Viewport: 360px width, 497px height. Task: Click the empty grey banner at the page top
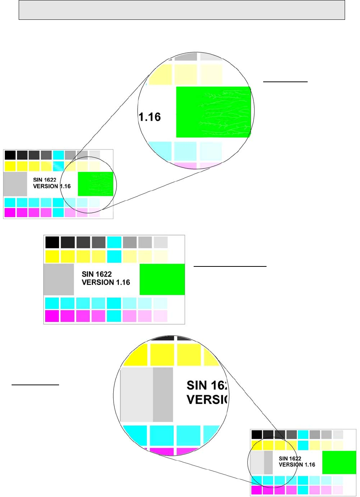pyautogui.click(x=182, y=10)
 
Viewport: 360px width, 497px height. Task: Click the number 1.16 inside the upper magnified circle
pyautogui.click(x=150, y=117)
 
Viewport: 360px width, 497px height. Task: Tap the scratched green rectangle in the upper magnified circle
pyautogui.click(x=213, y=112)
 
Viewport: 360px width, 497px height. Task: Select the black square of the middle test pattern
pyautogui.click(x=52, y=242)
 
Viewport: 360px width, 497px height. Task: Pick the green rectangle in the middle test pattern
pyautogui.click(x=162, y=279)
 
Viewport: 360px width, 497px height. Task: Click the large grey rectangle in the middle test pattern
pyautogui.click(x=59, y=279)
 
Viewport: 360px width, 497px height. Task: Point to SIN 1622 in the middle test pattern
pyautogui.click(x=96, y=274)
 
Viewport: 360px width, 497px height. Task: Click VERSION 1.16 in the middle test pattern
pyautogui.click(x=106, y=283)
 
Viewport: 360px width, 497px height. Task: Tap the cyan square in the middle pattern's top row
pyautogui.click(x=114, y=242)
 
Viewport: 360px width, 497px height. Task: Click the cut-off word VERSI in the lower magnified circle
pyautogui.click(x=207, y=399)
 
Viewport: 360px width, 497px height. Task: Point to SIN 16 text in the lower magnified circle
pyautogui.click(x=207, y=385)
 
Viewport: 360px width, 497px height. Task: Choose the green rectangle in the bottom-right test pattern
pyautogui.click(x=339, y=462)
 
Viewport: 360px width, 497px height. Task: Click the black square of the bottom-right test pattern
pyautogui.click(x=256, y=435)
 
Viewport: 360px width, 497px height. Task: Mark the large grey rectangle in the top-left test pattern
pyautogui.click(x=15, y=184)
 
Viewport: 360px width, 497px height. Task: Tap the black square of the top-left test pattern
pyautogui.click(x=10, y=155)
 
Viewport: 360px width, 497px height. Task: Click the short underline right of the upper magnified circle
pyautogui.click(x=285, y=81)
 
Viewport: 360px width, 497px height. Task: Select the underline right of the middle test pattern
pyautogui.click(x=230, y=266)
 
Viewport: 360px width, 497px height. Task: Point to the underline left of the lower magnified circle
pyautogui.click(x=35, y=384)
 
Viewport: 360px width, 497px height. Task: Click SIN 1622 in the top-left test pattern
pyautogui.click(x=44, y=180)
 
